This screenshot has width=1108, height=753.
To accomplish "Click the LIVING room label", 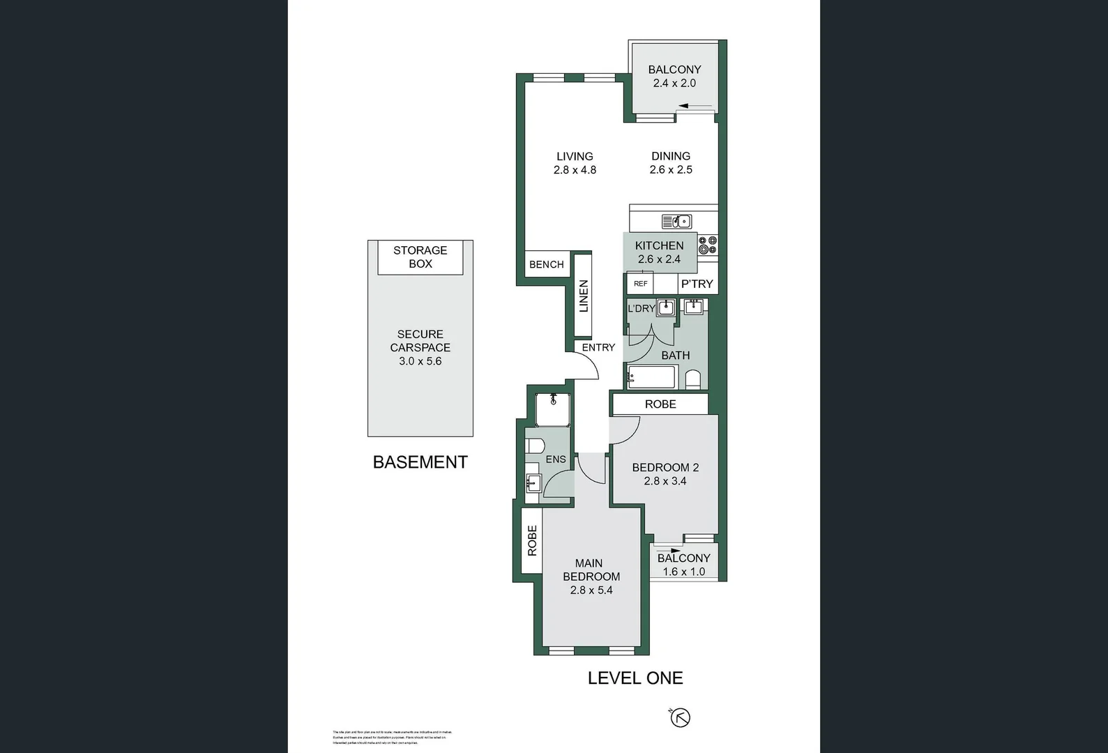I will pyautogui.click(x=575, y=156).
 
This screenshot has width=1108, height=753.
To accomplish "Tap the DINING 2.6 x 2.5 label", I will pyautogui.click(x=671, y=163).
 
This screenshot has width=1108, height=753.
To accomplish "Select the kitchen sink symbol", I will pyautogui.click(x=676, y=222).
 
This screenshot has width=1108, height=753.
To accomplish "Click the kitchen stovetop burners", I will pyautogui.click(x=708, y=245).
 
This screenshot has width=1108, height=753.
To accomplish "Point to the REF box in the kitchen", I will pyautogui.click(x=640, y=284).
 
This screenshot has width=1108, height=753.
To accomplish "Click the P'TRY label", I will pyautogui.click(x=697, y=284).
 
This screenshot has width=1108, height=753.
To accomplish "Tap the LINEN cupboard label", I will pyautogui.click(x=584, y=296).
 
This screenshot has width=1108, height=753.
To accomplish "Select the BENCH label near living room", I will pyautogui.click(x=546, y=264).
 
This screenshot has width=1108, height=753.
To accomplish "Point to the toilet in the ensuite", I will pyautogui.click(x=535, y=446).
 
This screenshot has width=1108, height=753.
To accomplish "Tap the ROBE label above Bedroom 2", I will pyautogui.click(x=660, y=404).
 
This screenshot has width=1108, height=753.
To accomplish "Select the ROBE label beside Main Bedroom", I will pyautogui.click(x=532, y=540).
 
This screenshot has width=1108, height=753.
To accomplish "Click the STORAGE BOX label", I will pyautogui.click(x=420, y=257).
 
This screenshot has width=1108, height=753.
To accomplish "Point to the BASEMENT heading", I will pyautogui.click(x=420, y=462).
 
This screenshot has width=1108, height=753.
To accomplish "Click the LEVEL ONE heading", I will pyautogui.click(x=635, y=678).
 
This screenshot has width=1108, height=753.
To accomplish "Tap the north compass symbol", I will pyautogui.click(x=680, y=717).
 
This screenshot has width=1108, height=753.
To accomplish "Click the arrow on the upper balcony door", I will pyautogui.click(x=694, y=107).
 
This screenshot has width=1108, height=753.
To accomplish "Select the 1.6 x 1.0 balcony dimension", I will pyautogui.click(x=683, y=572).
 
